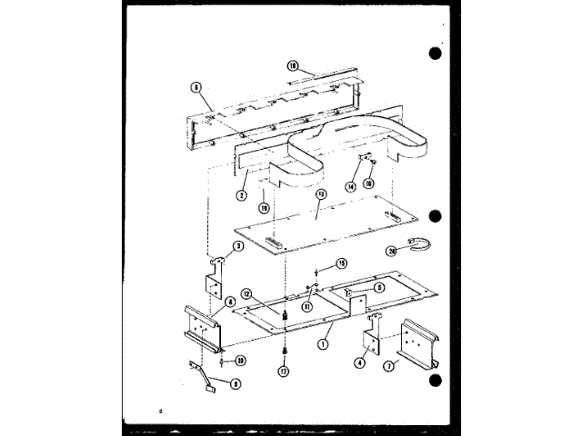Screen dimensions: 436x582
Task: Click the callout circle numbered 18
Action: pyautogui.click(x=293, y=65)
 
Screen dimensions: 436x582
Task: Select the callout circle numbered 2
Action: pyautogui.click(x=242, y=195)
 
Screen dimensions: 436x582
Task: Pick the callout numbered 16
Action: pyautogui.click(x=369, y=183)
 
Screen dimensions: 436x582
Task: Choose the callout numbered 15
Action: pyautogui.click(x=342, y=263)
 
